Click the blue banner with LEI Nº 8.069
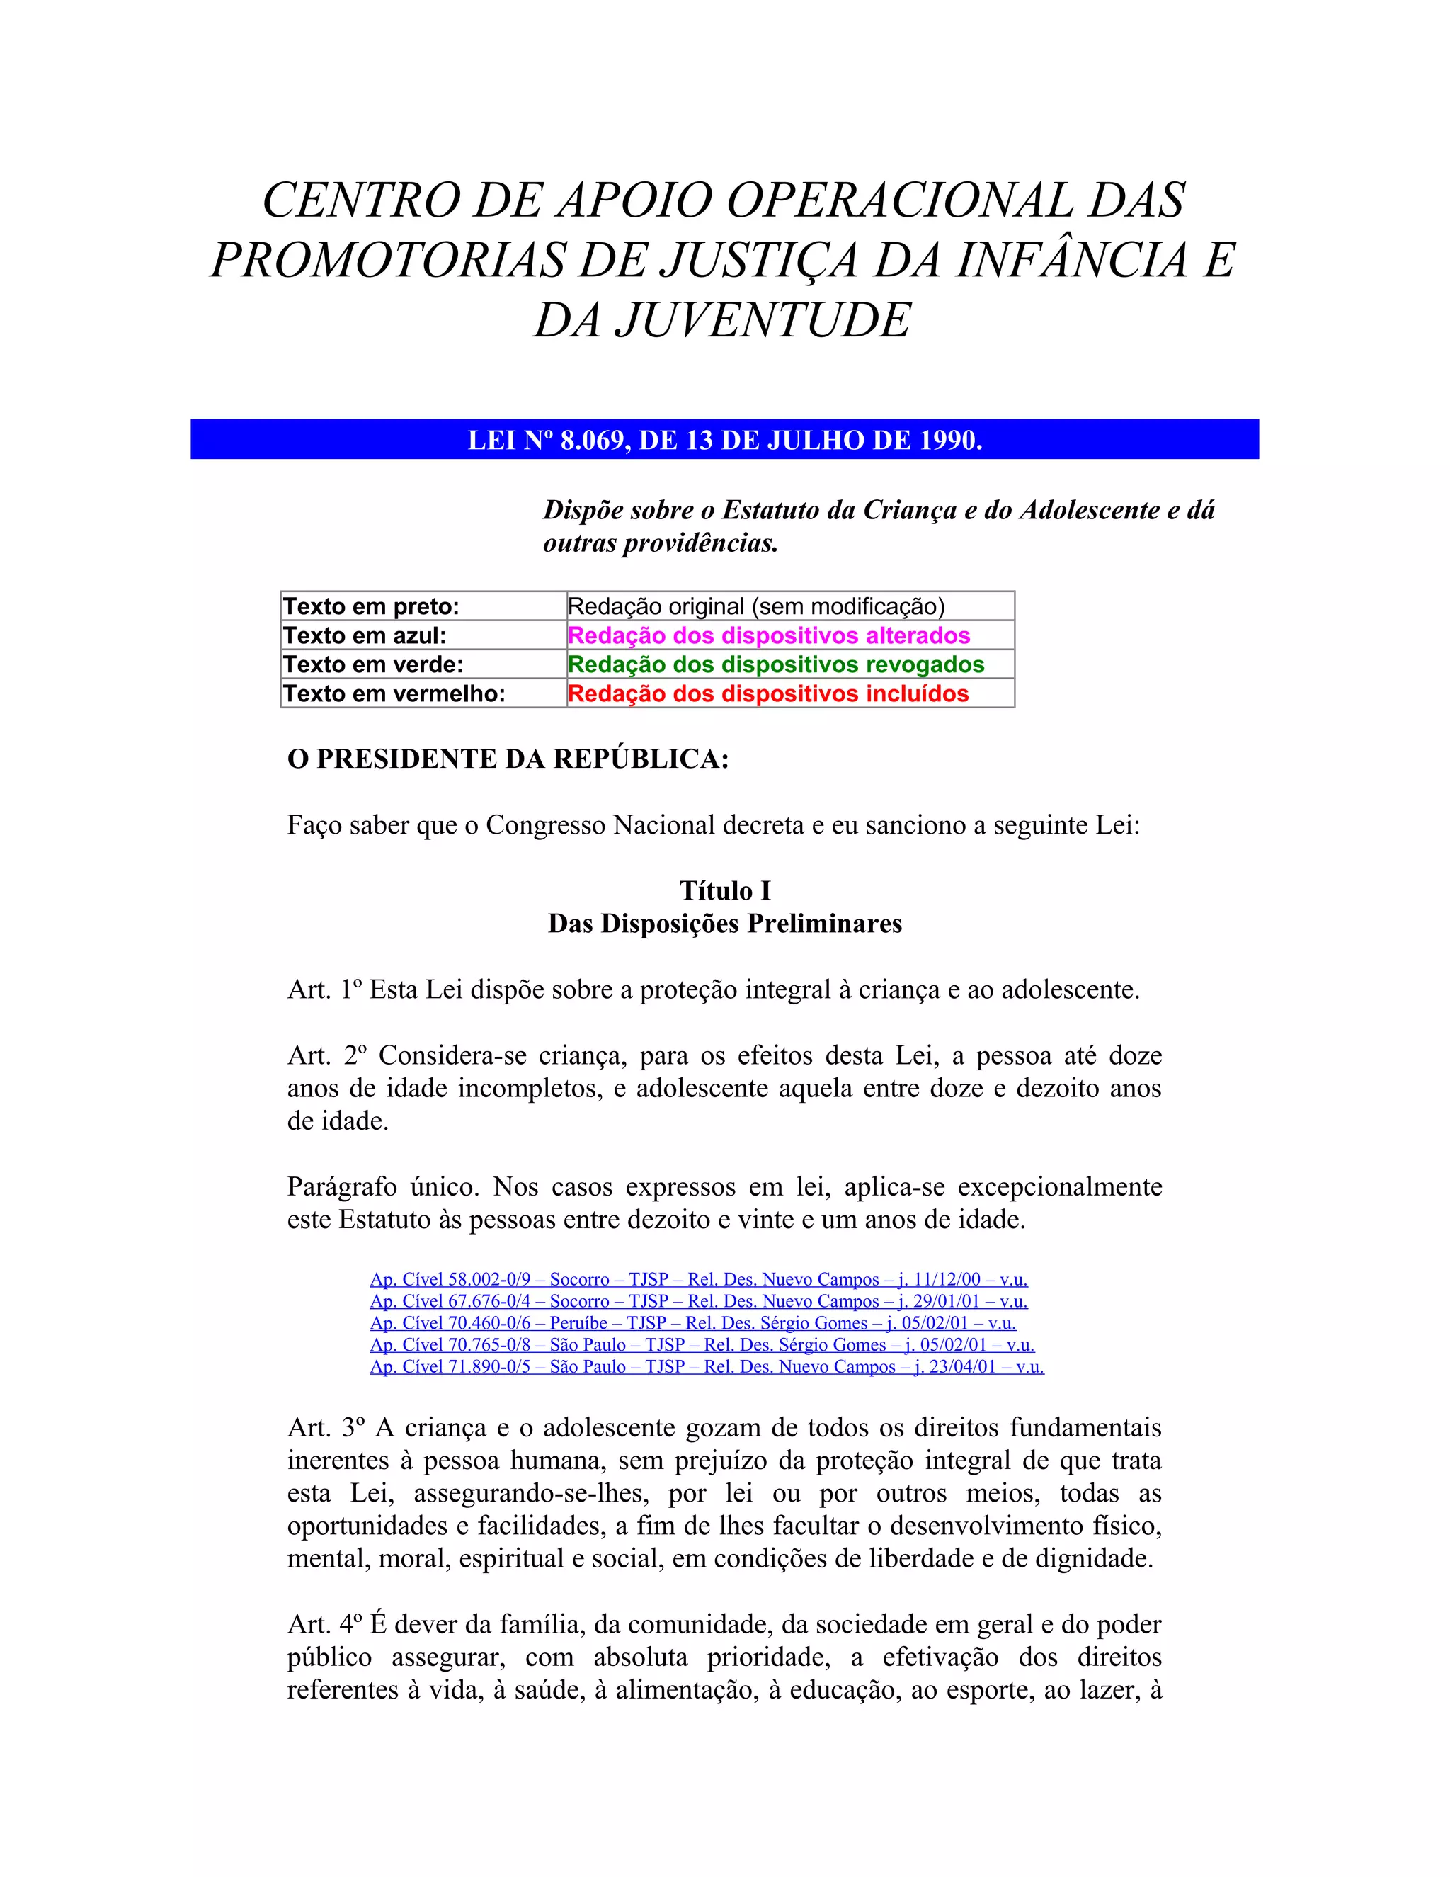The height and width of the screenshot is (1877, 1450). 724,440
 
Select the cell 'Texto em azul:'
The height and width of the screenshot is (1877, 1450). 364,636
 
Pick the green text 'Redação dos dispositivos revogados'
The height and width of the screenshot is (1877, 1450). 776,664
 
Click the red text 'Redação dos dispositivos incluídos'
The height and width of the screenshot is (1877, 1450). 768,693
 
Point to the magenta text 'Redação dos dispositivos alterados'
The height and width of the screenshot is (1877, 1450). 769,636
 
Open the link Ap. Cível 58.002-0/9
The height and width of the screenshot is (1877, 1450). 698,1280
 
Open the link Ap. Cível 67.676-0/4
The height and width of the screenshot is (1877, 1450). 698,1301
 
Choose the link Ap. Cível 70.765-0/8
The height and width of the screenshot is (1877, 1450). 702,1345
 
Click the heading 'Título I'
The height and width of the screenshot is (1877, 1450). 725,890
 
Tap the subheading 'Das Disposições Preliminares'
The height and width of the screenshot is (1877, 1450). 725,924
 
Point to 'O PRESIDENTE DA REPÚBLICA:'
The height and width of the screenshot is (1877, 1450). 508,759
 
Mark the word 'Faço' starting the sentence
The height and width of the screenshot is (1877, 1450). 314,825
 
